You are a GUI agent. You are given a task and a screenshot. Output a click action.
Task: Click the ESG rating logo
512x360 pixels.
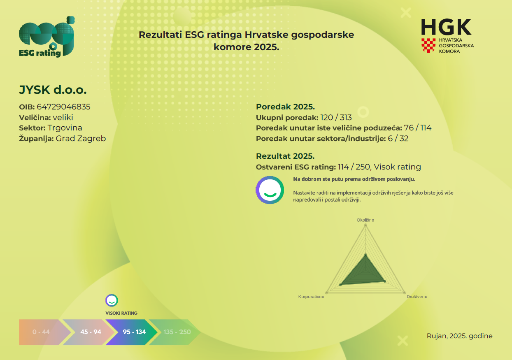coord(47,37)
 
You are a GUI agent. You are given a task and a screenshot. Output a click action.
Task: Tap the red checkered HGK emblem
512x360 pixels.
coord(428,45)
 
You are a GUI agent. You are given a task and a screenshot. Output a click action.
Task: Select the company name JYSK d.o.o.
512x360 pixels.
coord(53,90)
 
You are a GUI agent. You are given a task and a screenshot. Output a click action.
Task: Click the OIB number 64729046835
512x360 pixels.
coord(63,107)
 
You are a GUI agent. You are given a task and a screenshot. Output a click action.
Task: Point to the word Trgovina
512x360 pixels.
coord(65,128)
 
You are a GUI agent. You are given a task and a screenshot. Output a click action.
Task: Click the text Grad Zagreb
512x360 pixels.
coord(81,138)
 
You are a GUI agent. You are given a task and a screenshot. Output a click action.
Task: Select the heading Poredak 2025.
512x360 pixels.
coord(285,107)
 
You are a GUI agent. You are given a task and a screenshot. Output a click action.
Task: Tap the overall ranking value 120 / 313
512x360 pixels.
coord(336,117)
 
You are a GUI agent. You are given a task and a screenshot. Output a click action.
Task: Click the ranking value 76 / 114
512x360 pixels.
coord(418,128)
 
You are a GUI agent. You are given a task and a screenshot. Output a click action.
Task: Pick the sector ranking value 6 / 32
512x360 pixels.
coord(398,138)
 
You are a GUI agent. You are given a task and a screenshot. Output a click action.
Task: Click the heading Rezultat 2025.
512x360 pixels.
coord(285,156)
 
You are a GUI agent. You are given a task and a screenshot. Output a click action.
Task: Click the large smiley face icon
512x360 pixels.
coord(270,190)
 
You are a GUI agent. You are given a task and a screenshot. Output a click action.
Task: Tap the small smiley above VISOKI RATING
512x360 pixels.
coord(112,300)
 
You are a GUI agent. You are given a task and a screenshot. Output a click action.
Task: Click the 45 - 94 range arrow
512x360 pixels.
coord(89,332)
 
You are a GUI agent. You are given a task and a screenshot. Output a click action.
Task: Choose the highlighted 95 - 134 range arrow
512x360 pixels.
coord(133,332)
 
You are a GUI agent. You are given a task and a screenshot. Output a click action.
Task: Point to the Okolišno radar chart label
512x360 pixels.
coord(365,220)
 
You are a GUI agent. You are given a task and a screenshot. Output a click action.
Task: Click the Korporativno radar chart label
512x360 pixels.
coord(311,297)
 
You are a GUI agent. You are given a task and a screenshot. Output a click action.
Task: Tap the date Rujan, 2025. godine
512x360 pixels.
coord(459,336)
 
